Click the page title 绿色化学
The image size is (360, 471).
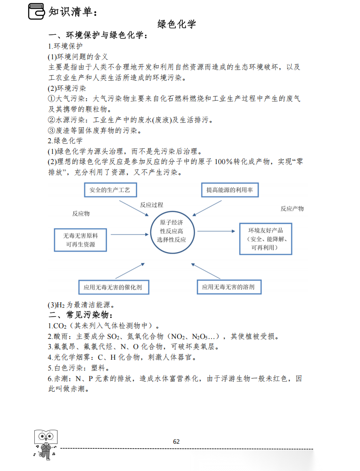point(177,24)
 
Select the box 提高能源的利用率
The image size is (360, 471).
point(230,190)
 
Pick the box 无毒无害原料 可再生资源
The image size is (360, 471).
point(81,240)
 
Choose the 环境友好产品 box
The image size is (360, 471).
point(265,239)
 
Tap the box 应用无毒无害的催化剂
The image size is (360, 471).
point(113,287)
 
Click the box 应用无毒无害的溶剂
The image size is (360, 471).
point(228,287)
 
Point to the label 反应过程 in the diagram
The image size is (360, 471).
point(152,205)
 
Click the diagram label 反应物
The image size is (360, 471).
point(81,214)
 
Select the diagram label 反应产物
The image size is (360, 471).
point(292,209)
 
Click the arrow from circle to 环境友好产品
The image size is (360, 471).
point(218,231)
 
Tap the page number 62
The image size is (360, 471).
point(176,441)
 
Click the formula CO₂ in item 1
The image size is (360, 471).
point(60,325)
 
